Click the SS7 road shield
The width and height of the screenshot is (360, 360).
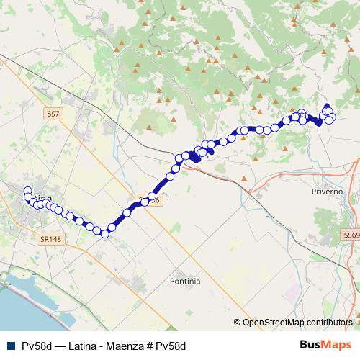pyautogui.click(x=53, y=114)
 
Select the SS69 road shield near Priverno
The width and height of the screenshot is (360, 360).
pyautogui.click(x=351, y=235)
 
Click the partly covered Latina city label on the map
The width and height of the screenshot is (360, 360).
pyautogui.click(x=43, y=199)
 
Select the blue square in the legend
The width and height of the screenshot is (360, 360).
pyautogui.click(x=9, y=345)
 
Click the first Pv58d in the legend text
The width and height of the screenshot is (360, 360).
pyautogui.click(x=35, y=346)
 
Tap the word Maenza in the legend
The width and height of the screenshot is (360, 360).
pyautogui.click(x=130, y=346)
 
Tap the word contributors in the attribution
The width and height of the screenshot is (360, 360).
pyautogui.click(x=331, y=322)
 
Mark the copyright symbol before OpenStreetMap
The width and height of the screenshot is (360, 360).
pyautogui.click(x=238, y=322)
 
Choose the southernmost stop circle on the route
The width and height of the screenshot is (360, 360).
pyautogui.click(x=105, y=233)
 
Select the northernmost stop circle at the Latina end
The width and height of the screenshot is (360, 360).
pyautogui.click(x=28, y=191)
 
